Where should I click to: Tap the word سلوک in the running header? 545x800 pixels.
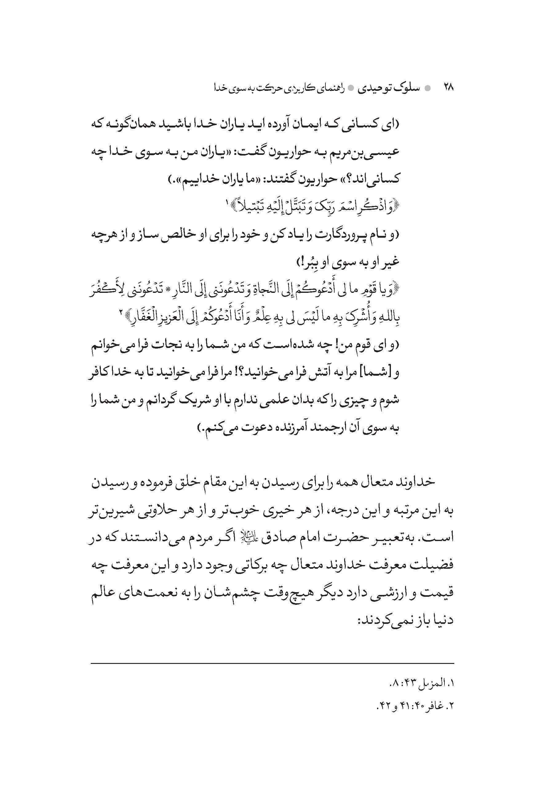click(407, 88)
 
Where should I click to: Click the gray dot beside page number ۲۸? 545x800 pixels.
click(428, 88)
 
